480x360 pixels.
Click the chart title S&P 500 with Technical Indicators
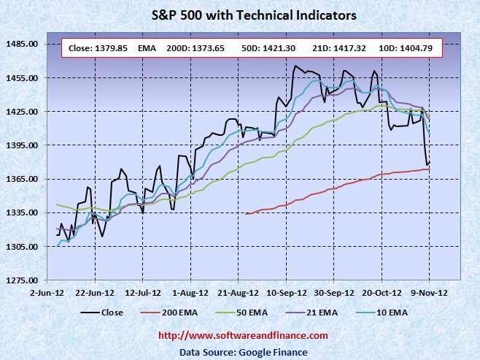241,14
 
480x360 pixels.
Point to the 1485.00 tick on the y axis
22,45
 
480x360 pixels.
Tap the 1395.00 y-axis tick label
22,145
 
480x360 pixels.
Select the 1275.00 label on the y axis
22,280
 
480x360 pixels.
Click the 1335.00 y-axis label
22,212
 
